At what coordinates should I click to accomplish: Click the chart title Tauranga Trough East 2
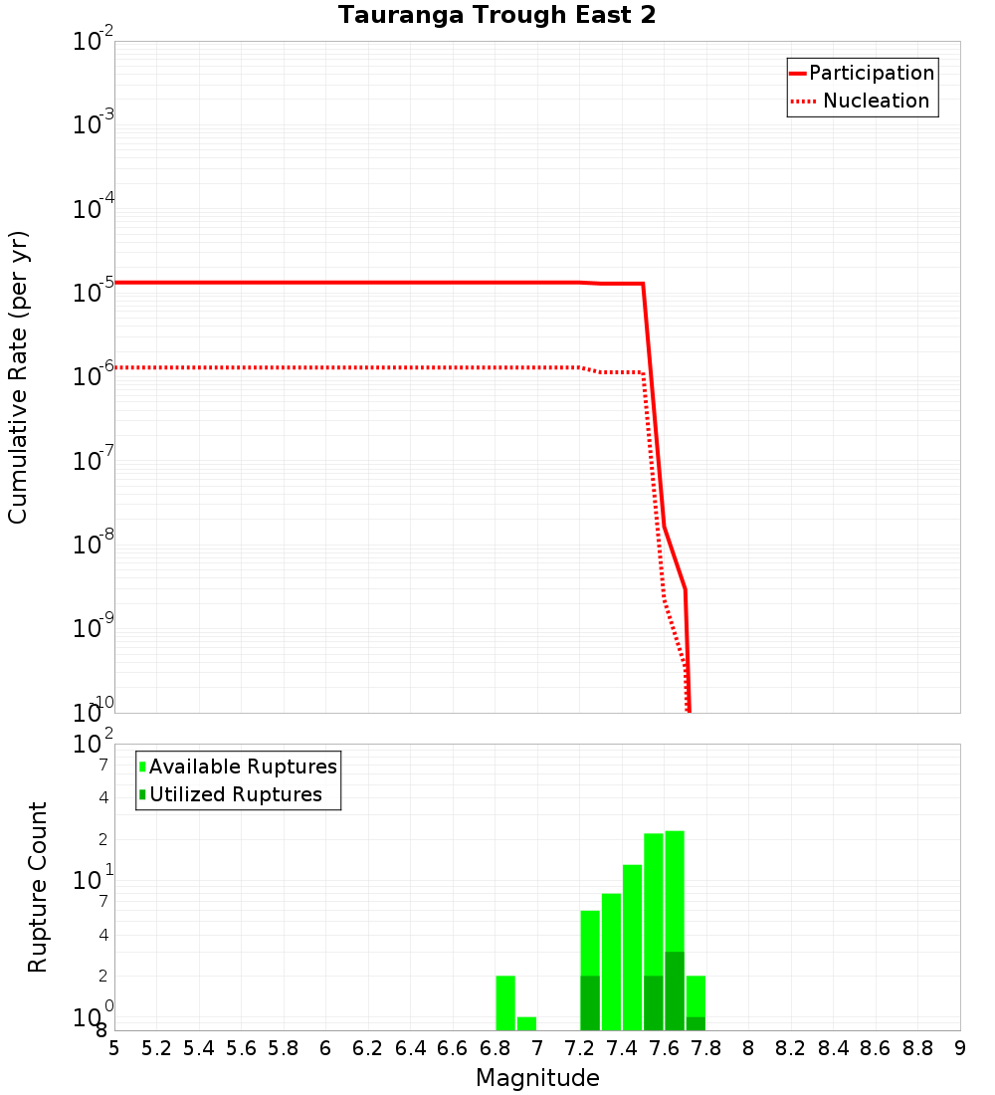(x=497, y=16)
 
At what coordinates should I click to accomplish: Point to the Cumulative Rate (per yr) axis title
(x=18, y=377)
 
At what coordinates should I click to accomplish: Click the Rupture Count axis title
(x=38, y=887)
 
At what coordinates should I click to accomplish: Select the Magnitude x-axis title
(x=537, y=1078)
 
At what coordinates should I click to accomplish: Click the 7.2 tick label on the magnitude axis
(x=579, y=1048)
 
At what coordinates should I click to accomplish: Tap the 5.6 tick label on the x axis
(x=241, y=1048)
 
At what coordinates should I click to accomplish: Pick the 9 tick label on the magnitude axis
(x=959, y=1048)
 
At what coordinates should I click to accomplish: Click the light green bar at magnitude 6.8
(x=505, y=1002)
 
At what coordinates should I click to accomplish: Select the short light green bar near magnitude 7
(x=526, y=1023)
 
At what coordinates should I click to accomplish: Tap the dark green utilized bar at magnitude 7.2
(x=590, y=1002)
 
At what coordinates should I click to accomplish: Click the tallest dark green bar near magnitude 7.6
(x=675, y=990)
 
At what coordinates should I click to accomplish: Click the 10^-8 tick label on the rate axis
(x=94, y=544)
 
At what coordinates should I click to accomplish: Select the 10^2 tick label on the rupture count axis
(x=94, y=746)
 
